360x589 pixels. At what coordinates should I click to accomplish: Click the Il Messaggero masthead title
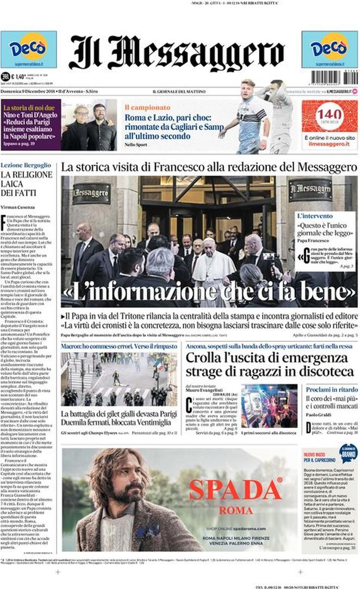[x=177, y=52]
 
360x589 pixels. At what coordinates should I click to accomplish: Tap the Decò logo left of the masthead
[x=28, y=49]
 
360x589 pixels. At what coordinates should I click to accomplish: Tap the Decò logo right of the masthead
[x=330, y=49]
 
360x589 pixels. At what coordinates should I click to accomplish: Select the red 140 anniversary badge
[x=330, y=116]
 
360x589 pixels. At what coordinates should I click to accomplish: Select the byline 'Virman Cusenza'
[x=19, y=207]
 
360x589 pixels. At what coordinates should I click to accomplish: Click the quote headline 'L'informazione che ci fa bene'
[x=209, y=294]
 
